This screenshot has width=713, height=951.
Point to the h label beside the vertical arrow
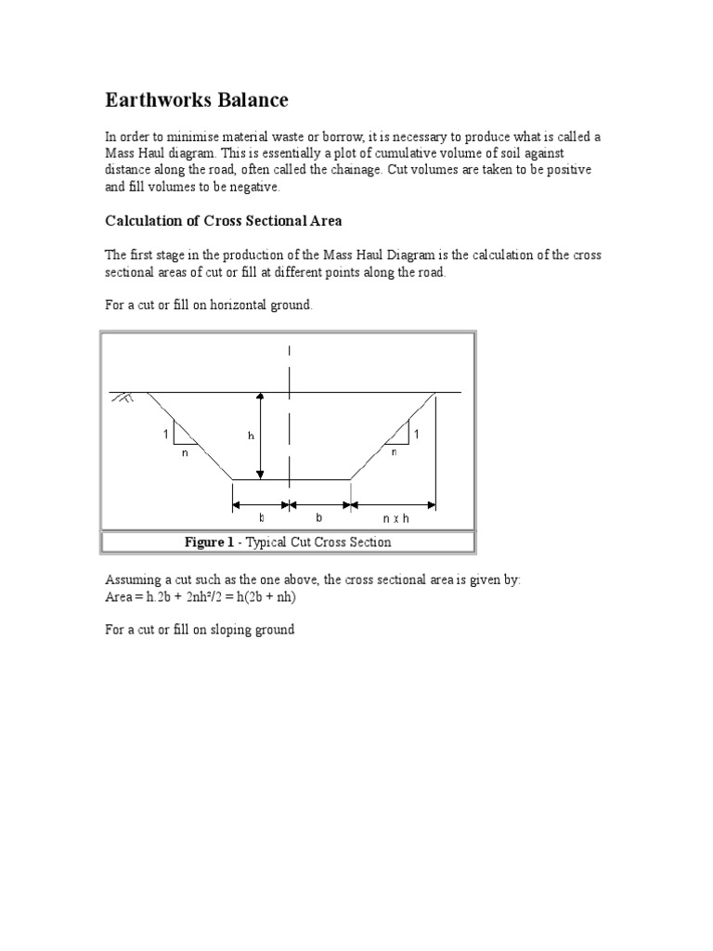[x=251, y=436]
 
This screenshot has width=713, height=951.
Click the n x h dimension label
[x=395, y=518]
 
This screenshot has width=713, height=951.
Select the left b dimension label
[x=262, y=518]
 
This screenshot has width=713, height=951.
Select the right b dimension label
[x=320, y=518]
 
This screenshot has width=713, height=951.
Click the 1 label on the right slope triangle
[x=417, y=435]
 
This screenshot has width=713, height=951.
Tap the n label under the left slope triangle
[x=186, y=452]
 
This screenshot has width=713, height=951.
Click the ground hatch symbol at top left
[x=122, y=397]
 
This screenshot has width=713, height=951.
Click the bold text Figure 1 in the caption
[x=209, y=542]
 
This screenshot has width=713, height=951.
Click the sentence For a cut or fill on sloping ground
[x=200, y=630]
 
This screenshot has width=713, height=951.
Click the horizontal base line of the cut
[x=291, y=479]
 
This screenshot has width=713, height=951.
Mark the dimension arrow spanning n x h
[x=394, y=505]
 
